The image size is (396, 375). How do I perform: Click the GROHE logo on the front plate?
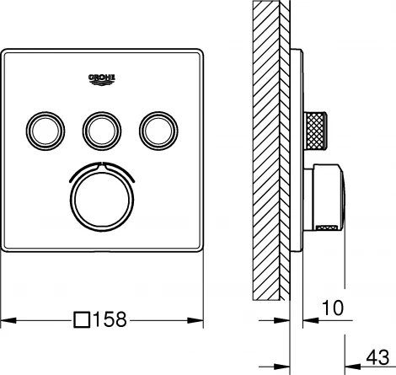click(x=104, y=78)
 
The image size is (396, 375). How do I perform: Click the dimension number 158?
click(x=111, y=320)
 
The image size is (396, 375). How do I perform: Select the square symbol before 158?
click(x=82, y=320)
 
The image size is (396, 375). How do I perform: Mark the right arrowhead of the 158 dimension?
click(x=200, y=320)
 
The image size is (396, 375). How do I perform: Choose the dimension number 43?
click(x=379, y=356)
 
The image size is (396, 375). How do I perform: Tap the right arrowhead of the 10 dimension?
click(x=308, y=320)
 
